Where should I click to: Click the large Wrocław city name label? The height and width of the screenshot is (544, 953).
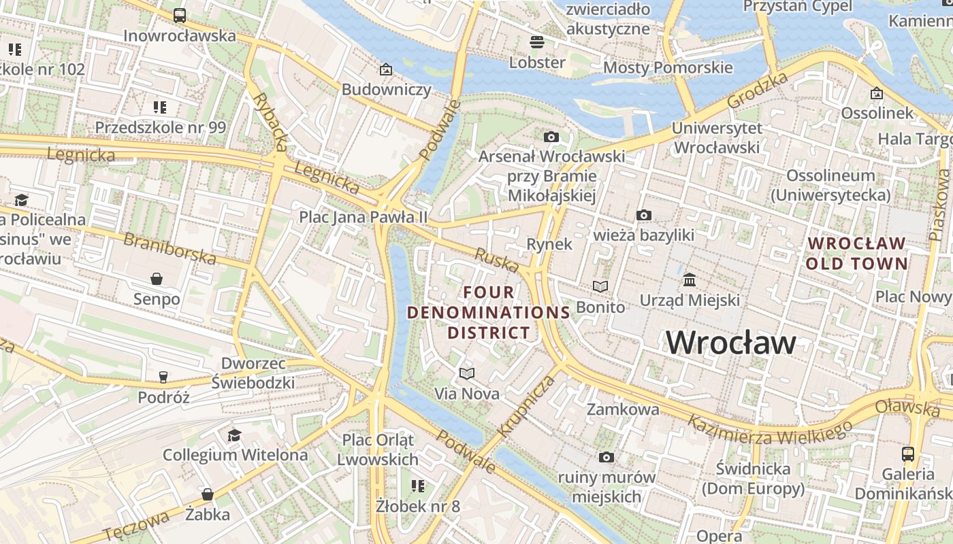tap(730, 342)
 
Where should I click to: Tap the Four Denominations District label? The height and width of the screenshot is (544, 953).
tap(489, 312)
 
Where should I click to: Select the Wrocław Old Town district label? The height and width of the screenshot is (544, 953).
tap(856, 253)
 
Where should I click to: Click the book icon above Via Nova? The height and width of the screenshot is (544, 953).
tap(466, 373)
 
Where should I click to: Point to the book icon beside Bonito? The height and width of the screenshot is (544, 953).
tap(600, 287)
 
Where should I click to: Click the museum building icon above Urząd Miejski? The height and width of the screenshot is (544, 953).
tap(690, 279)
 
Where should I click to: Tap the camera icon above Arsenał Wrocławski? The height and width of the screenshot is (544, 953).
tap(551, 137)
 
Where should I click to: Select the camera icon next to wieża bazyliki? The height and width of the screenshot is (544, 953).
tap(643, 216)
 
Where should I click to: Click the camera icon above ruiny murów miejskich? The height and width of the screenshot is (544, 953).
tap(606, 457)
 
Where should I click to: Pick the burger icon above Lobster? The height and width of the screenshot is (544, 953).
tap(537, 42)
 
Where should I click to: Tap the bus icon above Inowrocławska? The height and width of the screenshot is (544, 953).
tap(180, 15)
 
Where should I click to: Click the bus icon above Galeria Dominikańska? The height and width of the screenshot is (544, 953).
tap(907, 454)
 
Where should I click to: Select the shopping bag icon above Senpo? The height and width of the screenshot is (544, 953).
tap(157, 279)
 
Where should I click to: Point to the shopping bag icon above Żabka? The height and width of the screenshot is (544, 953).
tap(208, 494)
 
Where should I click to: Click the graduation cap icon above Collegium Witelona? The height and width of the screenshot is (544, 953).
tap(235, 435)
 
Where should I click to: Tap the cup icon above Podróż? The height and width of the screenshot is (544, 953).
tap(163, 377)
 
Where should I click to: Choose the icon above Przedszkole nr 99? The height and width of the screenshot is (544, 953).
tap(160, 107)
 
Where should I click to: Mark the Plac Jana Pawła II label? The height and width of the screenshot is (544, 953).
tap(364, 217)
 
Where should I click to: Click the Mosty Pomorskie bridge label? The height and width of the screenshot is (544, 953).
tap(668, 67)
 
